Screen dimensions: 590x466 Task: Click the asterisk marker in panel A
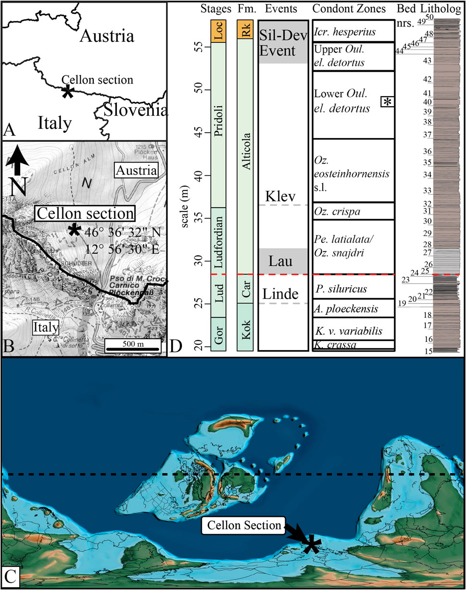point(68,92)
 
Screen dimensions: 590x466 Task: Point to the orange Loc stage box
point(217,31)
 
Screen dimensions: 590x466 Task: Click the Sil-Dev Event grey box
point(283,41)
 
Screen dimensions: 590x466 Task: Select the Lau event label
point(283,262)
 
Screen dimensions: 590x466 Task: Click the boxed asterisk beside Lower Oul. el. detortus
point(388,101)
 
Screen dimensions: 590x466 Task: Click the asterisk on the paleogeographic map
point(312,543)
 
